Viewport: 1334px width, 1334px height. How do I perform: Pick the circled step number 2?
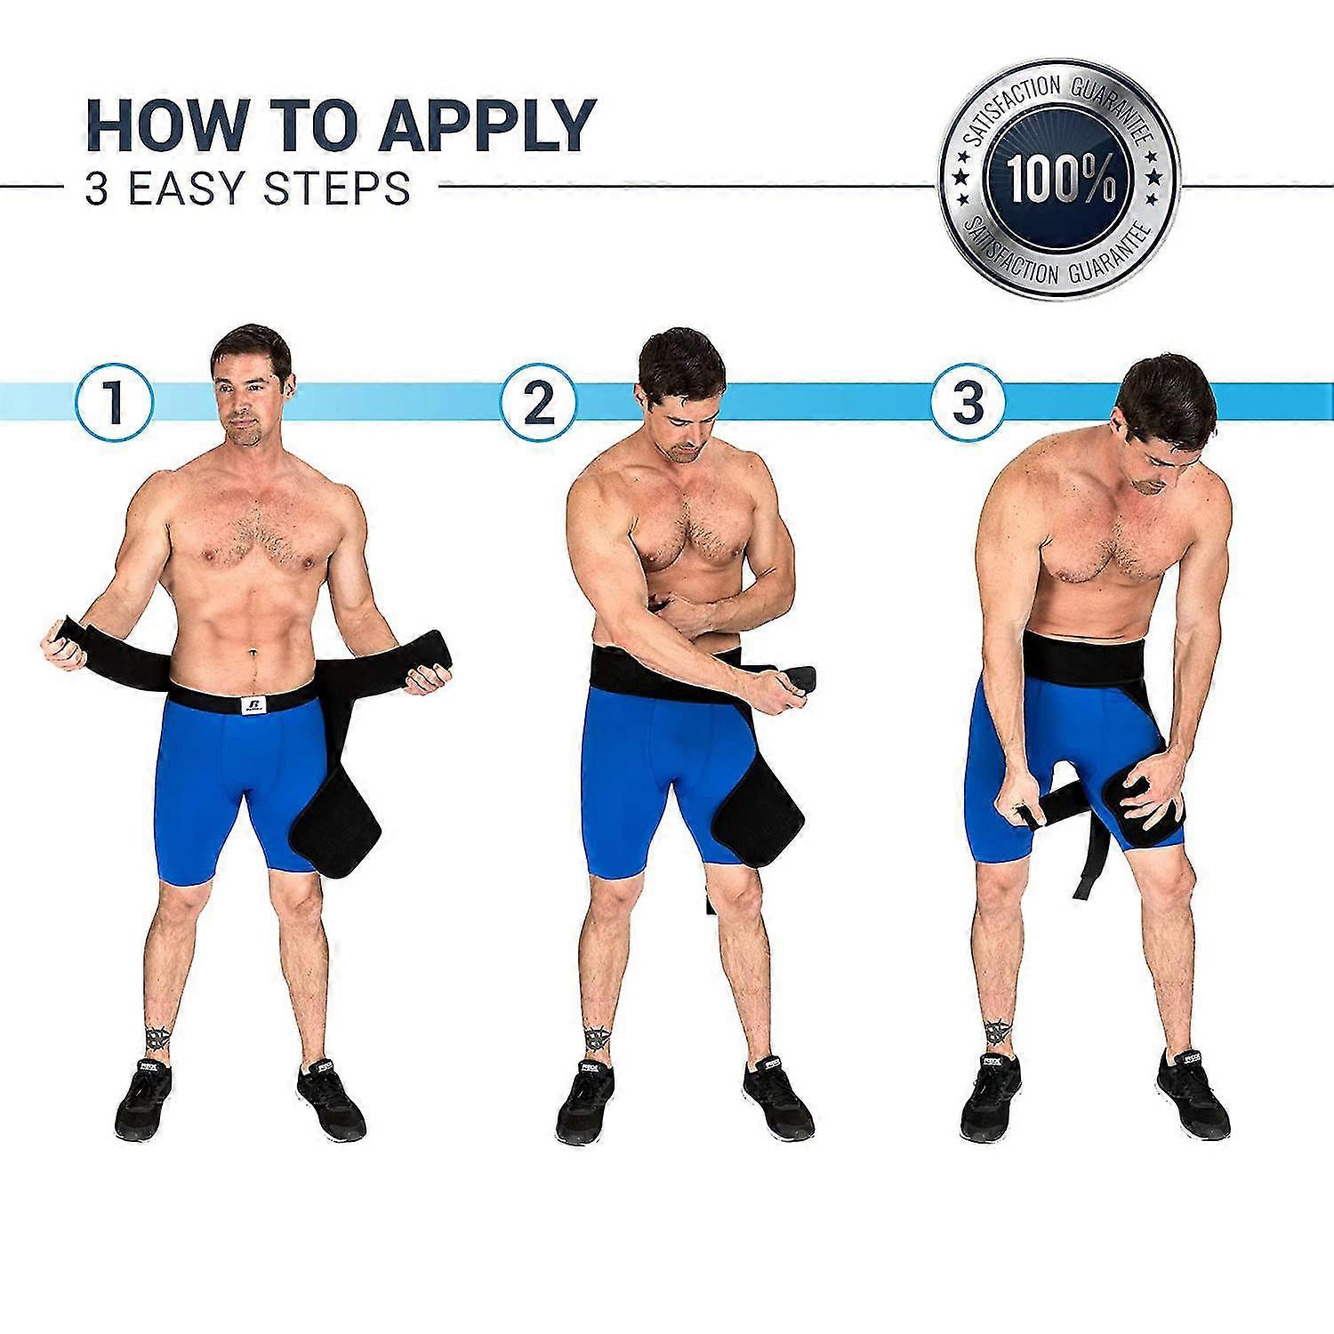point(538,402)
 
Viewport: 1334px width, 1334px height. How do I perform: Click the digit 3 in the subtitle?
point(96,189)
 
